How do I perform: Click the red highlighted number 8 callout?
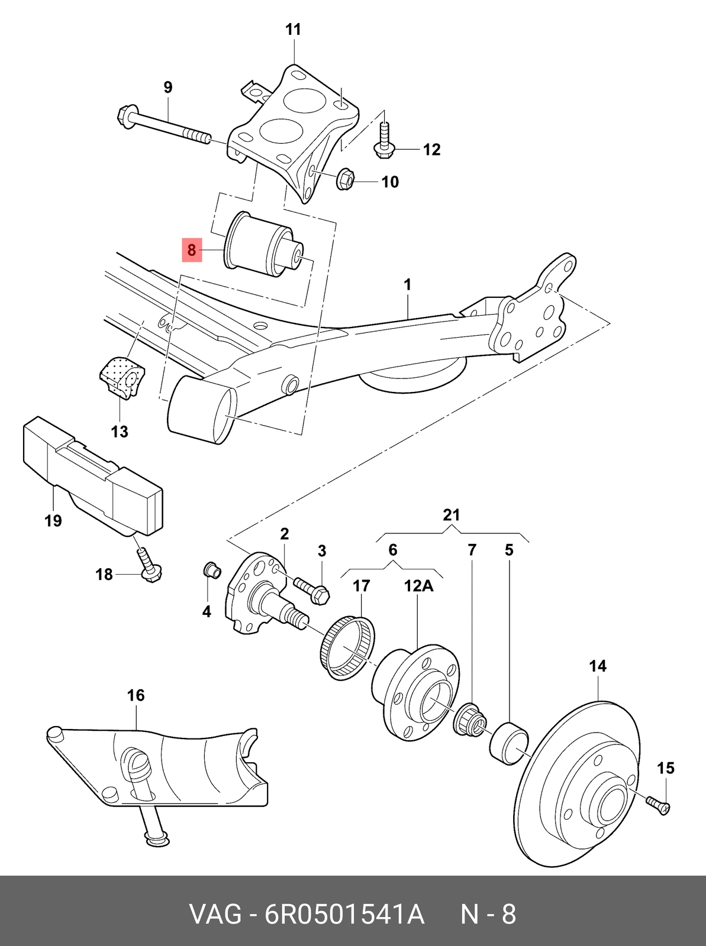(192, 250)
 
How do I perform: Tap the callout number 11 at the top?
(294, 30)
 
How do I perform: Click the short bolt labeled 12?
(383, 140)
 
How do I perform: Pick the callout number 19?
(53, 521)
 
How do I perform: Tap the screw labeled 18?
(149, 565)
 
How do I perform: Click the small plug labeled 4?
(212, 570)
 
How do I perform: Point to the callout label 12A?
(418, 586)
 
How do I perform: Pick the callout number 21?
(451, 515)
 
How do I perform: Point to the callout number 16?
(136, 695)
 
